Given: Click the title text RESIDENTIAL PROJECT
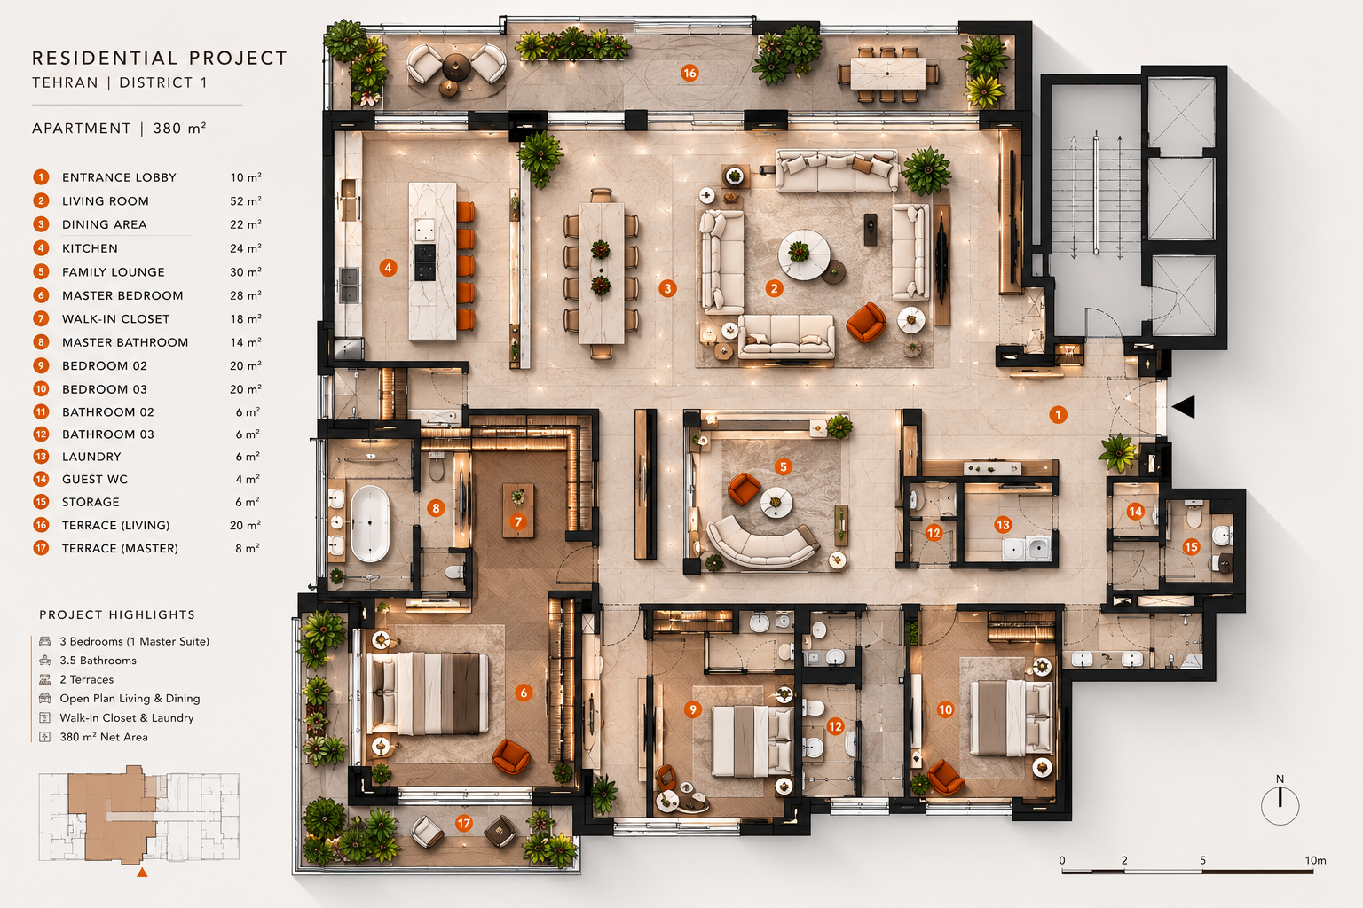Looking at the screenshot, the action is click(160, 59).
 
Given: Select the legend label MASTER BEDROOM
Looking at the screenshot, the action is click(122, 295).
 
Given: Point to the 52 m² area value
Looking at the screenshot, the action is click(245, 200).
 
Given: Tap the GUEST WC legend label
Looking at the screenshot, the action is click(95, 479).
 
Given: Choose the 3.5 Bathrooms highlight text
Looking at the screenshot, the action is click(98, 661).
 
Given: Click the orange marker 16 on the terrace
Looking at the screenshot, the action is click(689, 74).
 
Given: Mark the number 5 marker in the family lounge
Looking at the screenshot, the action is click(784, 466).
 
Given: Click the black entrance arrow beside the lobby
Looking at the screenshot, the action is click(1184, 407).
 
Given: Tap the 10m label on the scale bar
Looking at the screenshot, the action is click(1315, 861).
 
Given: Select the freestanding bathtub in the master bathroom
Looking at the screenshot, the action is click(370, 523).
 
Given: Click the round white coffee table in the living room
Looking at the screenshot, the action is click(804, 254).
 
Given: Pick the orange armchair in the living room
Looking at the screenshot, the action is click(866, 322).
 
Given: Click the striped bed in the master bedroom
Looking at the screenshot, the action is click(429, 693).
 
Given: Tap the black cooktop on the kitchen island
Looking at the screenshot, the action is click(425, 262).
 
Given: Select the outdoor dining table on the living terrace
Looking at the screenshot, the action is click(887, 74).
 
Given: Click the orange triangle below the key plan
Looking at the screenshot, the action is click(142, 873).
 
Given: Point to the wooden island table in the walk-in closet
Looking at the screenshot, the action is click(518, 511).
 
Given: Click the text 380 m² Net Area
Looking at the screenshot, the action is click(104, 737).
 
